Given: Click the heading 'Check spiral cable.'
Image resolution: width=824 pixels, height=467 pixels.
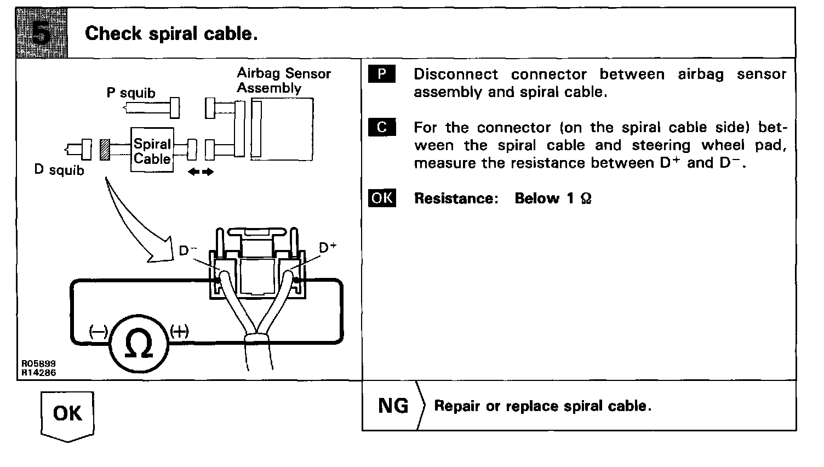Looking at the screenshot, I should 171,34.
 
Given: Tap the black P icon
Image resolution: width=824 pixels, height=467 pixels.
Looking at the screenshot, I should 381,75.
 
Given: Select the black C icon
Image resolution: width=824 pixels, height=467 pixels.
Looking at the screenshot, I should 381,128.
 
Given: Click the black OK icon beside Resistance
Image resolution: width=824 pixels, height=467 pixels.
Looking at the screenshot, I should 381,198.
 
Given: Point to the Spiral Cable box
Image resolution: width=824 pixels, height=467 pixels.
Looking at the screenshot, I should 152,151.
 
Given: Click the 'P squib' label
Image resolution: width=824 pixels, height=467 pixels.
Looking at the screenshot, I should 130,93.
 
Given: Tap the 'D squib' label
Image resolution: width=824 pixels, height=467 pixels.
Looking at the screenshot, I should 59,170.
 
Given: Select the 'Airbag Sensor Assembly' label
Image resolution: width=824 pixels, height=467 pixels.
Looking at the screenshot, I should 283,81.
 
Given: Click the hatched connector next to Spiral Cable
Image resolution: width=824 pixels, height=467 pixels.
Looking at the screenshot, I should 105,150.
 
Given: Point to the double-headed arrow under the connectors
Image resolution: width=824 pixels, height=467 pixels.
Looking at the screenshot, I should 201,172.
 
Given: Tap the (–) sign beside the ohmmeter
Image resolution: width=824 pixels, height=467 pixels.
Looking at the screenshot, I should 99,332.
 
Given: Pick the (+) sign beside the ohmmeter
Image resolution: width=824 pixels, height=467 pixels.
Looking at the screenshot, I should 179,331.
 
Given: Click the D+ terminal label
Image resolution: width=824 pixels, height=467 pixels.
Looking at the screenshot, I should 327,248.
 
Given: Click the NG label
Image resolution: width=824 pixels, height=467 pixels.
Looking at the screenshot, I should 393,406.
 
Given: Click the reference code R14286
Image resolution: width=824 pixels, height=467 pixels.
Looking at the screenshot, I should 38,373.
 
